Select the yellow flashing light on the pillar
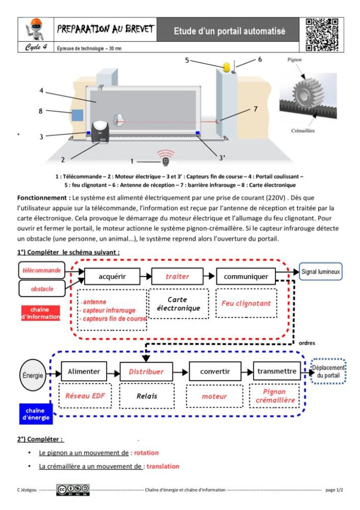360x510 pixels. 226,66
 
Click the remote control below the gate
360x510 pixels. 166,161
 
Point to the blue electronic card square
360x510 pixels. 76,115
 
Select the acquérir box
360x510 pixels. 112,276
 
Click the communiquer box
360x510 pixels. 246,276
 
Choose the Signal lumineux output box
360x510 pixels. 320,272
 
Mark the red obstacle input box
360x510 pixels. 42,289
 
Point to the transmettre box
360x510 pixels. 277,371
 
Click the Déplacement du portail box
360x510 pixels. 328,372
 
